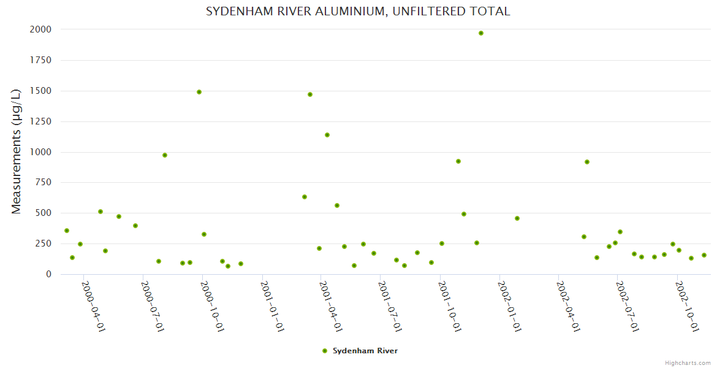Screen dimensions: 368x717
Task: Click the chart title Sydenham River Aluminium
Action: coord(358,12)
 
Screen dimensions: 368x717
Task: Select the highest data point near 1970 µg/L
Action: coord(481,33)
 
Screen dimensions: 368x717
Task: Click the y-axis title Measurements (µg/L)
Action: coord(17,151)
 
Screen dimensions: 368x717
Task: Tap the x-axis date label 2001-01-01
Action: coord(273,306)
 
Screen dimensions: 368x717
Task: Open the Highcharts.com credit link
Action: coord(688,363)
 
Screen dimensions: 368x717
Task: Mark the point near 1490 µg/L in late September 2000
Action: coord(199,92)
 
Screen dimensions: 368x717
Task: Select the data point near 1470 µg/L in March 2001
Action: coord(310,94)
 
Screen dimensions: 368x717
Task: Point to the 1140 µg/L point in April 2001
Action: coord(327,135)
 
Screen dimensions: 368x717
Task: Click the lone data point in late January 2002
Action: coord(517,218)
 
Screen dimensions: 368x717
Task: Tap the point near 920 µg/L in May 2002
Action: coord(587,162)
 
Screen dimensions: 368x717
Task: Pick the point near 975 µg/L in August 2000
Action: coord(165,155)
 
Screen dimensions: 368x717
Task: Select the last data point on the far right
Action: coord(704,255)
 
